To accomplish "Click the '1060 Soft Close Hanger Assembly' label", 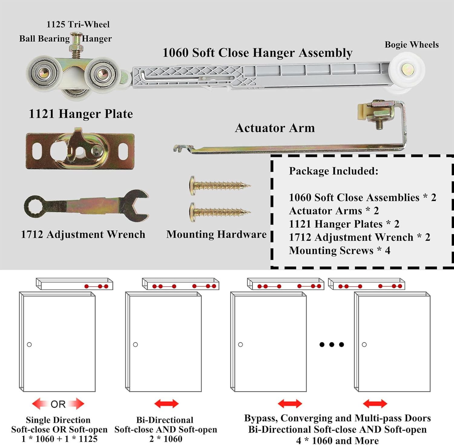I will pyautogui.click(x=257, y=53).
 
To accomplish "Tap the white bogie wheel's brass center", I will pyautogui.click(x=408, y=70).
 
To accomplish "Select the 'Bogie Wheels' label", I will pyautogui.click(x=412, y=45).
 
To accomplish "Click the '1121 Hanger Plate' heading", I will pyautogui.click(x=81, y=114).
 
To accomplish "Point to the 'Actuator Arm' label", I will pyautogui.click(x=275, y=128).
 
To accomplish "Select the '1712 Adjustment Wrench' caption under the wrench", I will pyautogui.click(x=83, y=234).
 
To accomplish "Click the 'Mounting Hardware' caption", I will pyautogui.click(x=216, y=234).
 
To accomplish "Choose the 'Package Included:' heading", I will pyautogui.click(x=334, y=171).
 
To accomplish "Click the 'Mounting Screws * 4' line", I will pyautogui.click(x=339, y=251).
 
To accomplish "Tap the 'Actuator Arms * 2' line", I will pyautogui.click(x=334, y=211).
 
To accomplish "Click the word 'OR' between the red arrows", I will pyautogui.click(x=58, y=404).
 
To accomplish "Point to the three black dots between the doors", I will pyautogui.click(x=332, y=344).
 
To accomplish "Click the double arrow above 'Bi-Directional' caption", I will pyautogui.click(x=166, y=404).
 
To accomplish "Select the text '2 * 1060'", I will pyautogui.click(x=166, y=439).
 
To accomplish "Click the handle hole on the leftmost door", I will pyautogui.click(x=29, y=344).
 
